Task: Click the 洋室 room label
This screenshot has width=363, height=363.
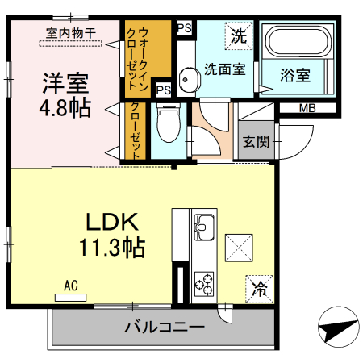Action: point(65,82)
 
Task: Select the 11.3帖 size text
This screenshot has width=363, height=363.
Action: point(112,248)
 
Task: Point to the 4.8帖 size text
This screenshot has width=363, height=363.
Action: point(65,106)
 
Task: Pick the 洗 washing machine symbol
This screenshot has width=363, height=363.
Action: point(238,35)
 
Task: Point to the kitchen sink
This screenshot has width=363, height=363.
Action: point(202,225)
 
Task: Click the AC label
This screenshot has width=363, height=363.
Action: point(70,286)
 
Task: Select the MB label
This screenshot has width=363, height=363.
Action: point(307,108)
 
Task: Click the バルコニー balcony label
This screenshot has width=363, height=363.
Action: point(165,328)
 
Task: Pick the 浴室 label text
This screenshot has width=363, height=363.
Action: point(296,77)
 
